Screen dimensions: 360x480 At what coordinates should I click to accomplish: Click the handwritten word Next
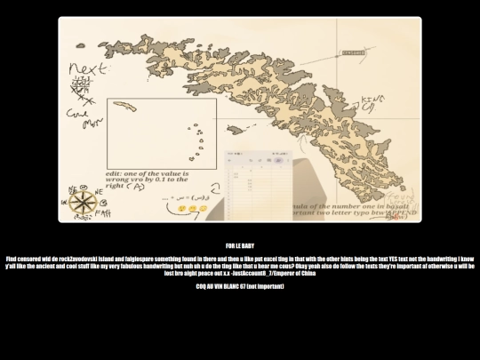tap(88, 68)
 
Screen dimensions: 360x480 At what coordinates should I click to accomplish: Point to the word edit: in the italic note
tap(115, 172)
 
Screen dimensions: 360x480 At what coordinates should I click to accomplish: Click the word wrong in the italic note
tap(117, 180)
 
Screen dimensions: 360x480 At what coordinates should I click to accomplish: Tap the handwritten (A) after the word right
tap(139, 187)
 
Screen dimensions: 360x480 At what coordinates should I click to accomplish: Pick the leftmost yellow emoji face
tap(181, 208)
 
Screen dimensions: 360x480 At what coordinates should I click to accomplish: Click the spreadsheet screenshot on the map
tap(255, 185)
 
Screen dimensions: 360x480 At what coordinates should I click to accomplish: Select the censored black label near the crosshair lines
tap(353, 52)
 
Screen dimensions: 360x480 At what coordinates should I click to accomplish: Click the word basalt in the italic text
tap(396, 205)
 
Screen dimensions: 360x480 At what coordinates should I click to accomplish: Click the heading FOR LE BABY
tap(240, 245)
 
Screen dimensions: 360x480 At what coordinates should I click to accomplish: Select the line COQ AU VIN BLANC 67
tap(240, 286)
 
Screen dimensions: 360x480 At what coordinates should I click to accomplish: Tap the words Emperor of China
tap(294, 273)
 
